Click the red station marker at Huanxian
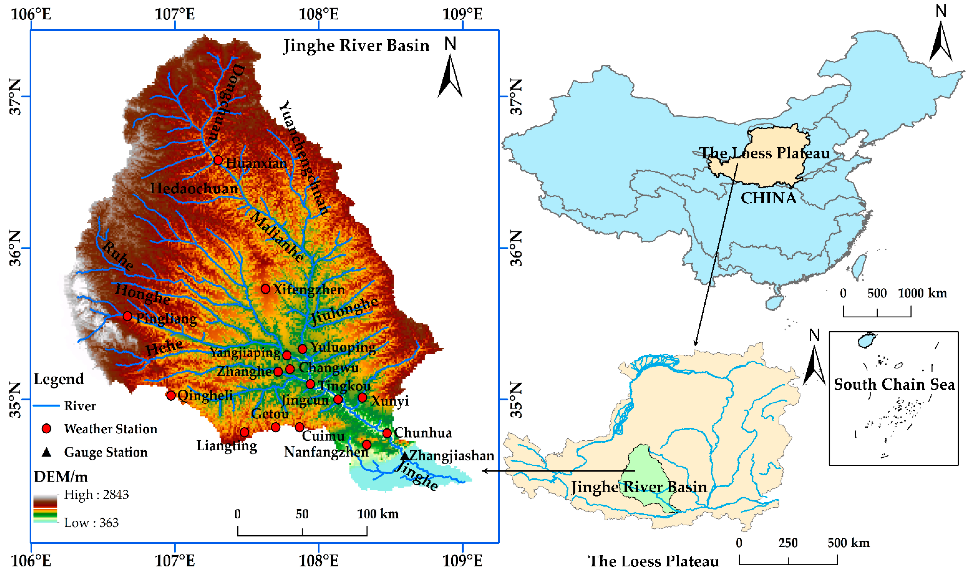(x=218, y=160)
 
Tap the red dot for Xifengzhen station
(x=265, y=289)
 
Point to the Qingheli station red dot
(x=171, y=395)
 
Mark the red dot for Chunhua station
(x=387, y=433)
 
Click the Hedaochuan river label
(x=194, y=189)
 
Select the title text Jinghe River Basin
(x=356, y=46)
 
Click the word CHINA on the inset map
(x=768, y=198)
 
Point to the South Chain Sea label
(x=894, y=384)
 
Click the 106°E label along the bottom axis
(x=31, y=561)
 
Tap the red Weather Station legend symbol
(x=47, y=429)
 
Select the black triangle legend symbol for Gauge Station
(x=47, y=452)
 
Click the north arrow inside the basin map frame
(x=450, y=75)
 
